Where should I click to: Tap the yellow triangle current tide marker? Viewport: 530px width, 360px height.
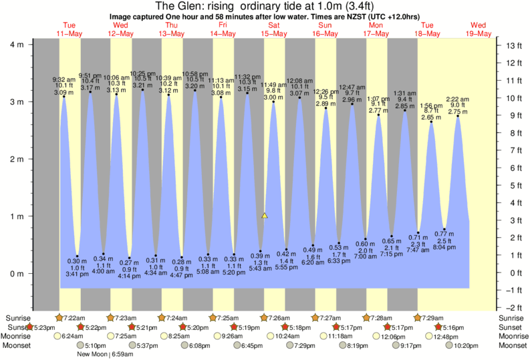(265, 216)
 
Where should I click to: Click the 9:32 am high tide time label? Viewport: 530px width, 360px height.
(63, 79)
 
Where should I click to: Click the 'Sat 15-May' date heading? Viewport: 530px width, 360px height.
(274, 29)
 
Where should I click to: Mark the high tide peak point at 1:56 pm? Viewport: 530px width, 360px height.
(431, 122)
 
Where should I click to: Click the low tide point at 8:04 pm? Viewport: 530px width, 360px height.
(444, 229)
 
